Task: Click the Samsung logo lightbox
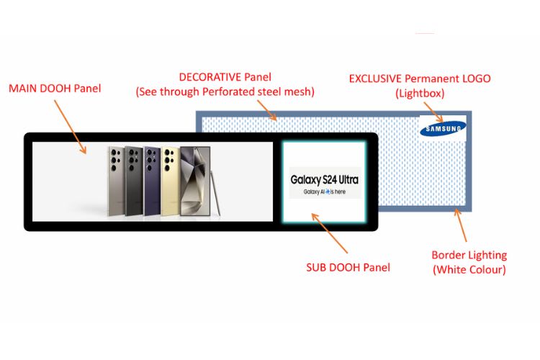point(443,129)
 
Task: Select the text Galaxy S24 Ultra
point(324,179)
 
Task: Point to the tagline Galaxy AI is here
point(324,192)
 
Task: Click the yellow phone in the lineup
point(171,179)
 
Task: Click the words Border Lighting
point(469,255)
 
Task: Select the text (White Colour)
point(469,270)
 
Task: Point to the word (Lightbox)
point(418,93)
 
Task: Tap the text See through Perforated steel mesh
point(225,91)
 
